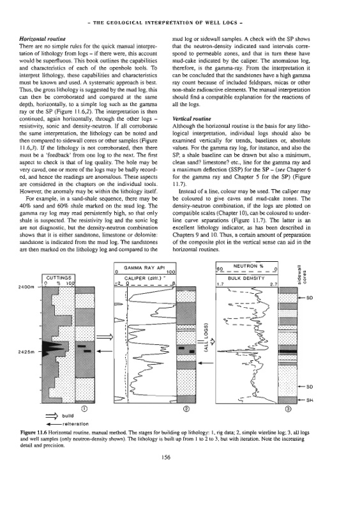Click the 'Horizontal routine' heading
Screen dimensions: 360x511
pyautogui.click(x=43, y=39)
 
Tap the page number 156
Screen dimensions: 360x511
pyautogui.click(x=166, y=457)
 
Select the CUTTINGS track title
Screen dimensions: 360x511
pyautogui.click(x=59, y=278)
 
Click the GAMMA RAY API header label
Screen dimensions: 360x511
pyautogui.click(x=144, y=268)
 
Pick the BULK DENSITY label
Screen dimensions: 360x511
pyautogui.click(x=246, y=278)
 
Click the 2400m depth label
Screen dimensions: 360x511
pyautogui.click(x=28, y=287)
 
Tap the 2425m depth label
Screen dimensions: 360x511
pyautogui.click(x=28, y=352)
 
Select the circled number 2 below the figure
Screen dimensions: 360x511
pyautogui.click(x=186, y=408)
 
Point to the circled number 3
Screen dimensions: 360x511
pyautogui.click(x=288, y=408)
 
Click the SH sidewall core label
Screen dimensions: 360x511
pyautogui.click(x=310, y=400)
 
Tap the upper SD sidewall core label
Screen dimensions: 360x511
pyautogui.click(x=310, y=298)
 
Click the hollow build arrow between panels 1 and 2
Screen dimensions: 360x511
pyautogui.click(x=105, y=337)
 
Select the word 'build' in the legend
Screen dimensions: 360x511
pyautogui.click(x=68, y=416)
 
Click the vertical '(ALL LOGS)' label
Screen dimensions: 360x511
pyautogui.click(x=206, y=338)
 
